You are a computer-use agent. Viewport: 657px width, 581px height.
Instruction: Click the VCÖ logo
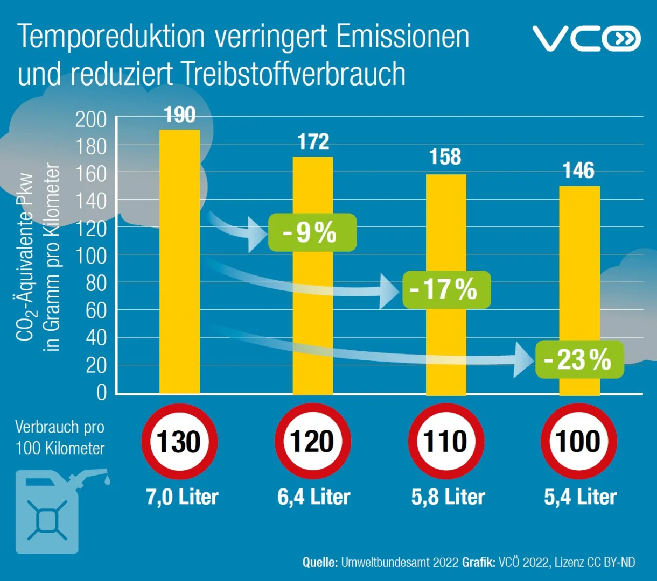[x=586, y=38]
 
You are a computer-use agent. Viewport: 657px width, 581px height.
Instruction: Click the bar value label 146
[x=578, y=171]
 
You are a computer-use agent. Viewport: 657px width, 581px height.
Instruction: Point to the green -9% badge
[x=312, y=232]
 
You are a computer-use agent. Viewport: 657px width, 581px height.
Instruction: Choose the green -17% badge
[x=446, y=289]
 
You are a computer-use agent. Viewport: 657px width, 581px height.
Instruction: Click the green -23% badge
[x=579, y=359]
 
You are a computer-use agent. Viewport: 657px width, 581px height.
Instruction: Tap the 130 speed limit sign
[x=179, y=441]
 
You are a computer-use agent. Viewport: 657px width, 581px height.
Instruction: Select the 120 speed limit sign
[x=313, y=441]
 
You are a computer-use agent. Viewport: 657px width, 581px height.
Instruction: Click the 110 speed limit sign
[x=446, y=441]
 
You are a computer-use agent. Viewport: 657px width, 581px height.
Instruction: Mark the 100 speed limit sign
[x=579, y=441]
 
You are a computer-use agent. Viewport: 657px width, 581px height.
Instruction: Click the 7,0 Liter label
[x=182, y=497]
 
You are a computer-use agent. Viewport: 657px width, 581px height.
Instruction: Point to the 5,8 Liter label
[x=448, y=497]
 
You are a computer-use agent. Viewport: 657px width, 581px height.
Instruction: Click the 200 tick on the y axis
[x=90, y=119]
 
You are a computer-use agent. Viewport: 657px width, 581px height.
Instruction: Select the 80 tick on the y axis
[x=96, y=284]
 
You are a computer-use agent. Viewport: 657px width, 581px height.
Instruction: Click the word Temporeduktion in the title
[x=111, y=37]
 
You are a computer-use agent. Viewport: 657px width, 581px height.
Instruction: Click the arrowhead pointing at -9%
[x=257, y=235]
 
